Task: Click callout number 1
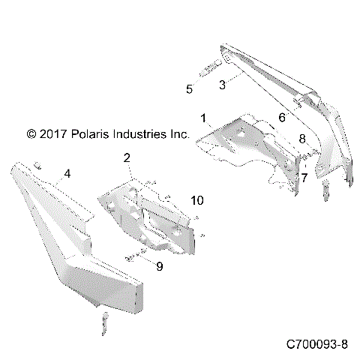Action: click(x=202, y=118)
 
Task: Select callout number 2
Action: click(x=127, y=157)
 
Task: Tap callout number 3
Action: click(x=222, y=85)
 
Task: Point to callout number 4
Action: click(x=67, y=173)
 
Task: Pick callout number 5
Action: click(x=189, y=88)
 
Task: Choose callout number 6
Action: click(x=281, y=118)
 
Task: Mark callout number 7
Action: click(x=304, y=177)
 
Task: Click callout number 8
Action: click(x=302, y=139)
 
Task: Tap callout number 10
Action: click(x=196, y=200)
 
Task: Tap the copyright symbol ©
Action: click(x=31, y=135)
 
